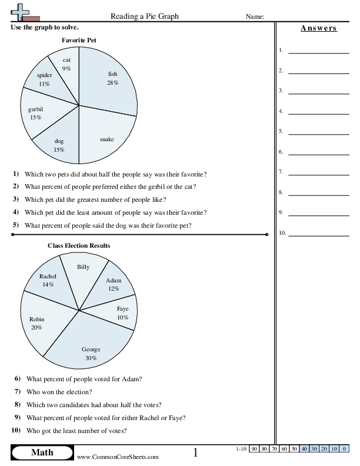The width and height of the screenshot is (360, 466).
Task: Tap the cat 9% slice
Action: (x=66, y=65)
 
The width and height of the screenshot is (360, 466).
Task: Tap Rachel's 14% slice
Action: (x=47, y=281)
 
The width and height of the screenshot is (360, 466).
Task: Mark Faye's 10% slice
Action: (x=121, y=314)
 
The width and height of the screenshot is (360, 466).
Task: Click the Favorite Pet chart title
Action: (x=79, y=40)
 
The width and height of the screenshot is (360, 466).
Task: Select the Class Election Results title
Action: (x=79, y=245)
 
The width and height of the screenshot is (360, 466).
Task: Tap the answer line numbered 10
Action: (x=310, y=235)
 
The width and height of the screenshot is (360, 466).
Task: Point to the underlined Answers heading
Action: (x=318, y=28)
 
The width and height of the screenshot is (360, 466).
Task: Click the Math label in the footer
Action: (x=42, y=452)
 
